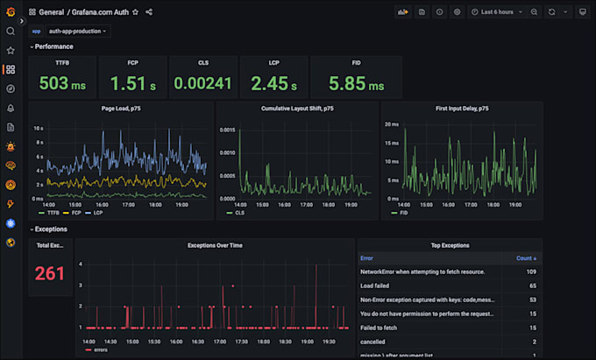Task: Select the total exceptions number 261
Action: (50, 273)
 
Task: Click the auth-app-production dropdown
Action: (78, 31)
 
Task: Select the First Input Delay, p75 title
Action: (462, 109)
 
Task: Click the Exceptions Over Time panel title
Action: (215, 245)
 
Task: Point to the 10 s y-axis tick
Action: (38, 129)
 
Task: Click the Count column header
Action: (526, 258)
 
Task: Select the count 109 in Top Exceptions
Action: (530, 272)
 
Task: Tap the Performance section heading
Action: (53, 46)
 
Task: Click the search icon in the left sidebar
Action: (11, 32)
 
